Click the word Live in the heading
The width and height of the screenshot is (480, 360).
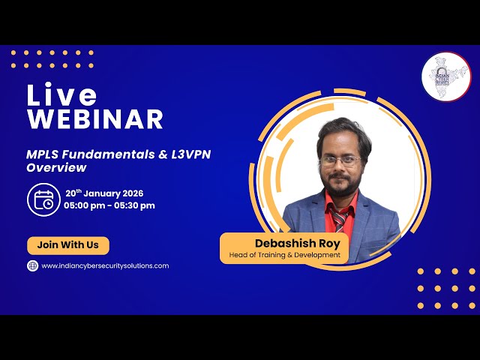[62, 94]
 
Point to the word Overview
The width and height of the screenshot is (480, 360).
[56, 168]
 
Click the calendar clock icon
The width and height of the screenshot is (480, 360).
[42, 199]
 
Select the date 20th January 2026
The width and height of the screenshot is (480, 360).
[103, 193]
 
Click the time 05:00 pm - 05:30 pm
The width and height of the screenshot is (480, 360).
[109, 205]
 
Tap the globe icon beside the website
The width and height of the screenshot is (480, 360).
[33, 265]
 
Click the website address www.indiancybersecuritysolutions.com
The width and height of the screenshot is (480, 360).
[105, 265]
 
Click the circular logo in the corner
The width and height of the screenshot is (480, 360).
[445, 76]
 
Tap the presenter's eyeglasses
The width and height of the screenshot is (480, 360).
[340, 160]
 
